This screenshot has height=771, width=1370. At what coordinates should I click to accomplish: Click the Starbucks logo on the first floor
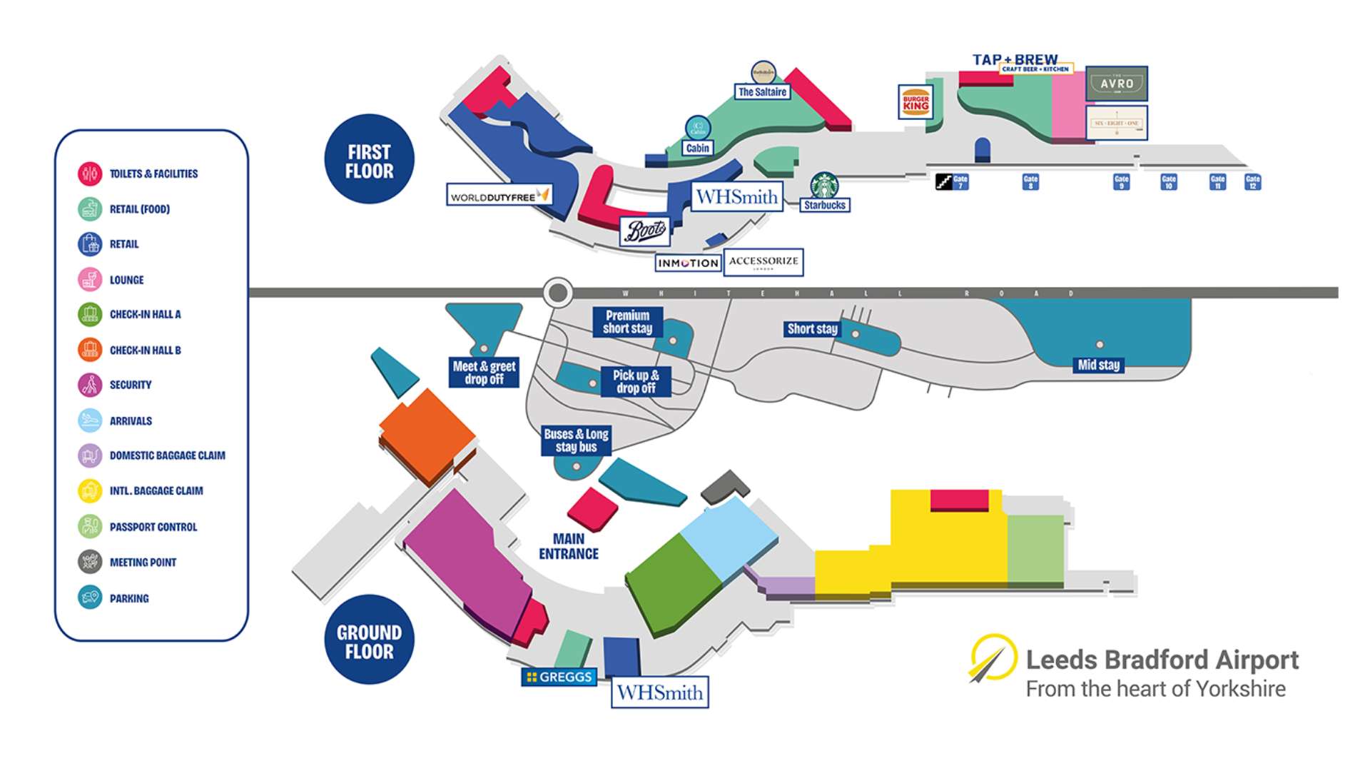click(x=824, y=186)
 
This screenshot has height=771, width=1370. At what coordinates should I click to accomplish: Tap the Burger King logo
click(x=915, y=101)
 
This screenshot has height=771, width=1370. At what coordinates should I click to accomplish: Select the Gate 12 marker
click(x=1252, y=182)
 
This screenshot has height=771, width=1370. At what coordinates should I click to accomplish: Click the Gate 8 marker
click(x=1030, y=182)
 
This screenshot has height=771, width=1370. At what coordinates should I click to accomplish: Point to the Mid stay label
click(x=1099, y=365)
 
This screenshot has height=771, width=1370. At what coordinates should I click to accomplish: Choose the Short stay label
click(x=812, y=329)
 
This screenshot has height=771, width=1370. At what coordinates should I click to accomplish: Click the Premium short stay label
click(x=627, y=322)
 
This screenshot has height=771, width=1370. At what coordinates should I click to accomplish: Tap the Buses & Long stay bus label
click(x=576, y=440)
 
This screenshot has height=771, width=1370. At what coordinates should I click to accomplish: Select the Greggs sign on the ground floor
click(x=559, y=677)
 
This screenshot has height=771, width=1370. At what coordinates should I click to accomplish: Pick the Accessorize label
click(x=763, y=262)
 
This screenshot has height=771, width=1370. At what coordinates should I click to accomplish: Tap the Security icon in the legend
click(x=90, y=385)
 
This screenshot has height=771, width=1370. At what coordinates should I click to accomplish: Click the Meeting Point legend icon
click(x=90, y=562)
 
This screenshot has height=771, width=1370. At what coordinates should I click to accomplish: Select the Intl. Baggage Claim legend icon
click(x=90, y=490)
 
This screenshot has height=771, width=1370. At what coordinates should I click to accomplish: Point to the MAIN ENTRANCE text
click(x=568, y=546)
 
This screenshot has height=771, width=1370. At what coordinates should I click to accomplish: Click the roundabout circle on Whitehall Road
click(x=558, y=292)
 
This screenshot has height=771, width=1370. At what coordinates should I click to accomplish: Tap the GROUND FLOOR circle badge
click(x=369, y=641)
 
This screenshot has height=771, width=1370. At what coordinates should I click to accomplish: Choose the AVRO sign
click(x=1117, y=84)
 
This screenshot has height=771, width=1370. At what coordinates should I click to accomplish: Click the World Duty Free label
click(x=499, y=196)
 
